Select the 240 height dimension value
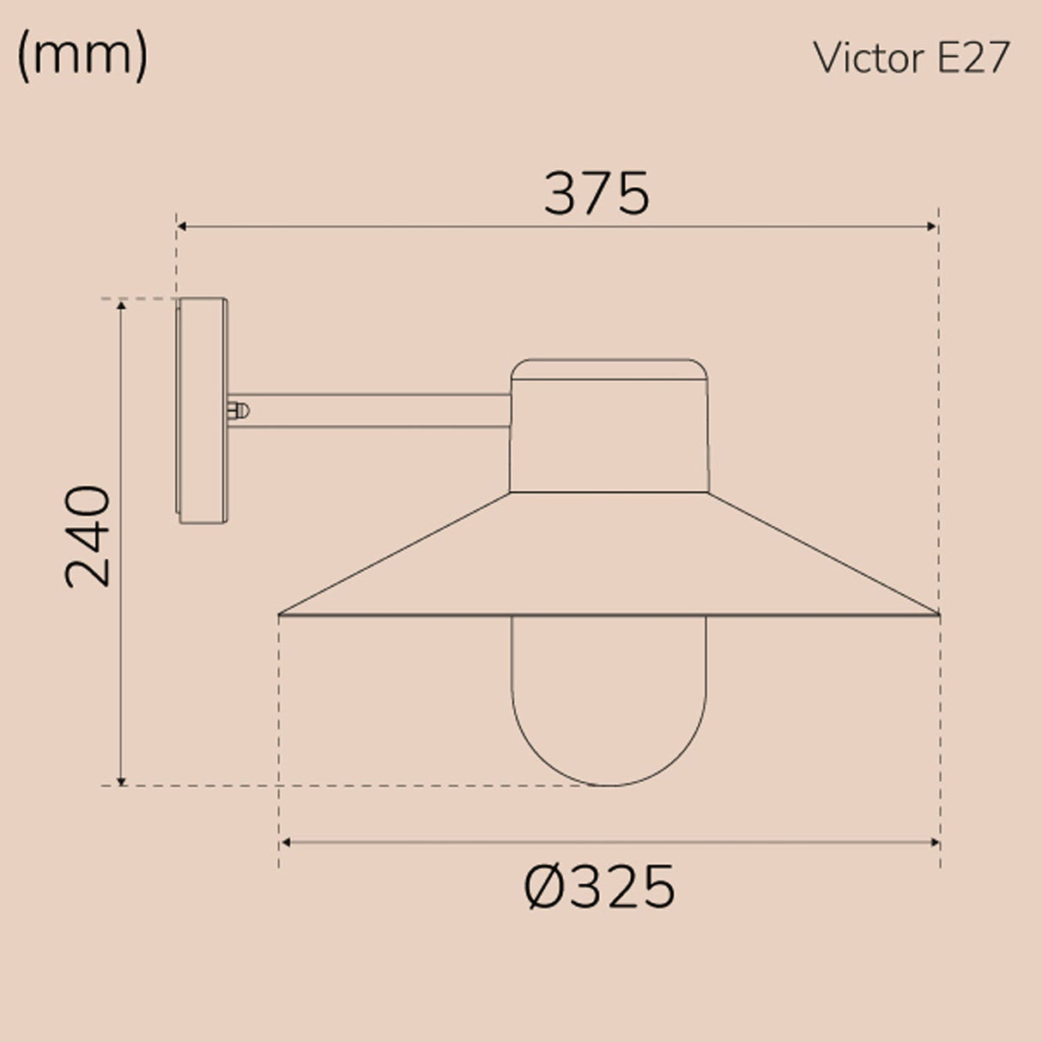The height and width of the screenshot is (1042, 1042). click(x=88, y=536)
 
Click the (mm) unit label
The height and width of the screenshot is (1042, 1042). click(x=82, y=57)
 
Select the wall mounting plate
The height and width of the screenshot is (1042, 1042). click(x=203, y=410)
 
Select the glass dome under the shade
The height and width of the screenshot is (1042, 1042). click(x=609, y=695)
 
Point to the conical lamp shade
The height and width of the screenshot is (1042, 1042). click(x=609, y=558)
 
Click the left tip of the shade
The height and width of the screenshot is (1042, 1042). click(x=281, y=615)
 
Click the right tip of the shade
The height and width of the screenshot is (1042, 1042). click(x=939, y=615)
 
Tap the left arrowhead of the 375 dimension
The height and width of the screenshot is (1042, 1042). click(x=182, y=227)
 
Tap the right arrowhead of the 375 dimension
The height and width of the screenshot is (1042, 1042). click(x=933, y=227)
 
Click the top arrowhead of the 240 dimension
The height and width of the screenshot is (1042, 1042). click(x=122, y=306)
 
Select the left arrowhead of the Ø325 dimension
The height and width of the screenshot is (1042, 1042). click(x=286, y=843)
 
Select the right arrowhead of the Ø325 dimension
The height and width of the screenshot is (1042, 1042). click(x=935, y=843)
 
